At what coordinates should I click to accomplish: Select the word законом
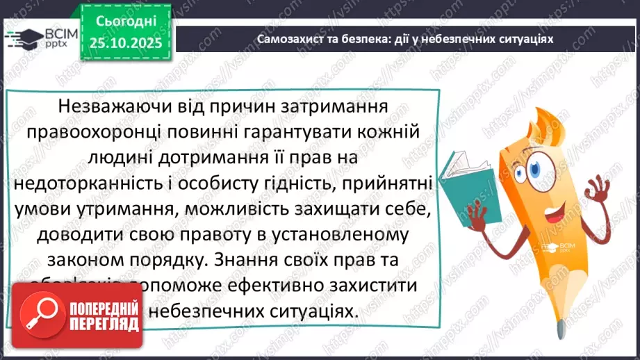click(x=85, y=261)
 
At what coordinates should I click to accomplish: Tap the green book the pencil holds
click(x=459, y=180)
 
